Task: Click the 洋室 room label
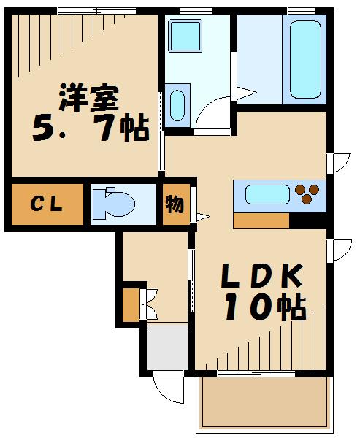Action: point(89,98)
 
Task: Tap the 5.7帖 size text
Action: point(91,127)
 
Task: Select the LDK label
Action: point(261,276)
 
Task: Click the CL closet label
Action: point(46,204)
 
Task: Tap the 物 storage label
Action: point(175,204)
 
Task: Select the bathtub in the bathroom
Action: point(305,60)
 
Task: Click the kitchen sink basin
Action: point(267,194)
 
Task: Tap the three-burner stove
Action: point(307,193)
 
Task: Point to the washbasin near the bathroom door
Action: point(177,105)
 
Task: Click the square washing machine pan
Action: point(185,35)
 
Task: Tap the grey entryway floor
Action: point(167,349)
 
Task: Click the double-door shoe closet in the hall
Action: point(140,305)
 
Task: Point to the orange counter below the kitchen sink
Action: point(261,220)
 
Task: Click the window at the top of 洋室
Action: point(96,11)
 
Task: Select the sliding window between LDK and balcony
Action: point(256,374)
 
